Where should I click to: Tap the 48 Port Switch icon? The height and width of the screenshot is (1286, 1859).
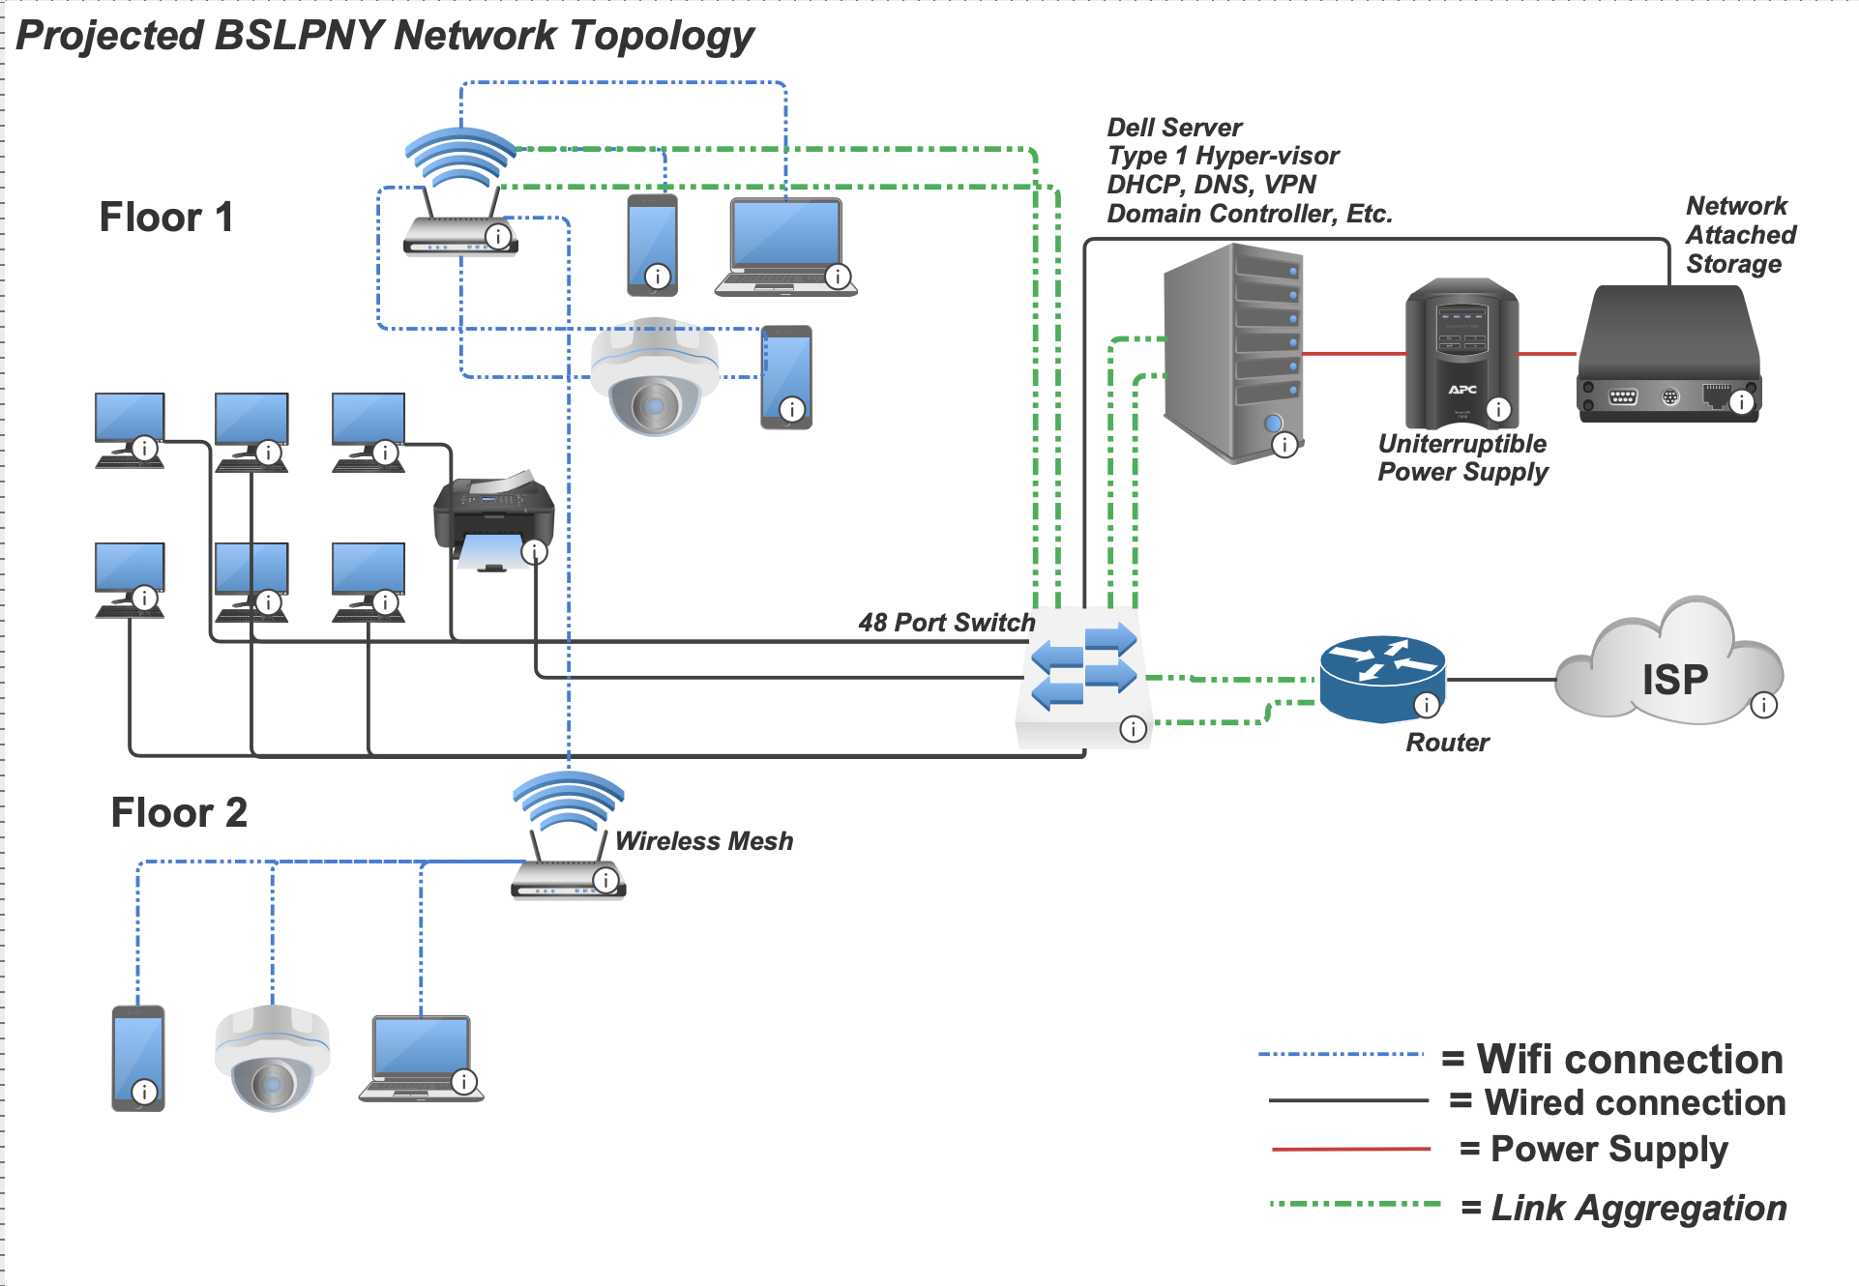point(1083,677)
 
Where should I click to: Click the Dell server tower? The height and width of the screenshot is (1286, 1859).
point(1233,353)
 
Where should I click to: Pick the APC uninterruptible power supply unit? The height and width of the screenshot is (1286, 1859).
point(1461,353)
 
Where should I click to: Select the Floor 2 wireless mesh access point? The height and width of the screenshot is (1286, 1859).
point(568,836)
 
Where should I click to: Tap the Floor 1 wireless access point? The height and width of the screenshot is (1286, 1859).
point(460,193)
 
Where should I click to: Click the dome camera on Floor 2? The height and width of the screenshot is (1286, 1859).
point(272,1058)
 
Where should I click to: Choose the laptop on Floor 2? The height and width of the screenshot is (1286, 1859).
point(421,1058)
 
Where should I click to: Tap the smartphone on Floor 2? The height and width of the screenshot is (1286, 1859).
point(138,1058)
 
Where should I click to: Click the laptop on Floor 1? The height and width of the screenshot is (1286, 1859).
point(785,246)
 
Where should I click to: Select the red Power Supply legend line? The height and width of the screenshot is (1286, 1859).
point(1350,1149)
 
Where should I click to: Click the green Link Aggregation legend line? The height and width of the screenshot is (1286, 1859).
point(1354,1204)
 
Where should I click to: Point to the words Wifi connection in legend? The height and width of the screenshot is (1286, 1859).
point(1630,1059)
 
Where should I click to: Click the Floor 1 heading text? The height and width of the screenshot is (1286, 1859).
point(166,217)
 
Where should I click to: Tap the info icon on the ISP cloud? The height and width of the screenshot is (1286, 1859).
point(1763,705)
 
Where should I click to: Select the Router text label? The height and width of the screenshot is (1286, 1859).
point(1447,743)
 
